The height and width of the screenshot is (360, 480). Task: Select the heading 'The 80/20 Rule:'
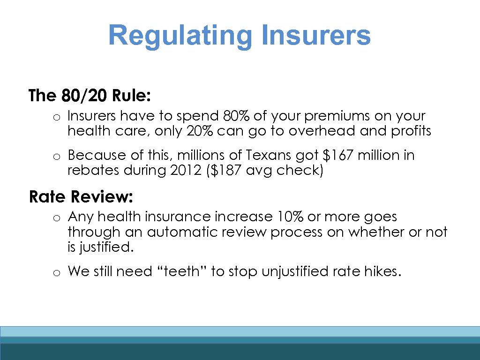(x=90, y=96)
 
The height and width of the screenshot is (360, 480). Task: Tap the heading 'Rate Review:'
(x=81, y=197)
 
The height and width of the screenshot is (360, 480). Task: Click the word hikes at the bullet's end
(x=382, y=271)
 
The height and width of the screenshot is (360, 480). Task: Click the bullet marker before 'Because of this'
(x=55, y=156)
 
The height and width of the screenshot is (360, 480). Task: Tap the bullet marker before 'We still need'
(x=55, y=272)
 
